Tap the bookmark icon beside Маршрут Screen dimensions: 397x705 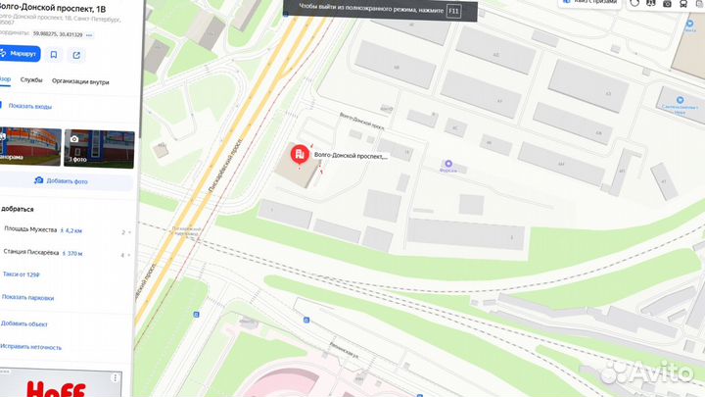pyautogui.click(x=54, y=55)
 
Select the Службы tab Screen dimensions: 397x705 pyautogui.click(x=30, y=81)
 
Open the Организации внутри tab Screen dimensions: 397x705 pyautogui.click(x=80, y=81)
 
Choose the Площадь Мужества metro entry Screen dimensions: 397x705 pyautogui.click(x=29, y=232)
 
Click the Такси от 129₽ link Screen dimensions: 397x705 pyautogui.click(x=21, y=276)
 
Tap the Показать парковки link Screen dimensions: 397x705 pyautogui.click(x=27, y=297)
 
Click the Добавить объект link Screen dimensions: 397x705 pyautogui.click(x=23, y=323)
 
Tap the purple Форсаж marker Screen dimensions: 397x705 pyautogui.click(x=448, y=164)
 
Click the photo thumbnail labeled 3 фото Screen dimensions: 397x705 pyautogui.click(x=99, y=147)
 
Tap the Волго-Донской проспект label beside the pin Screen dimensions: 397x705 pyautogui.click(x=351, y=155)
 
